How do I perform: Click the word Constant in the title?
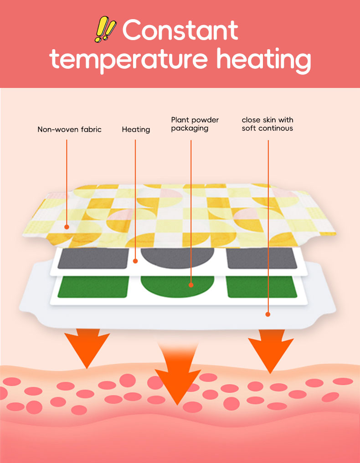(x=180, y=31)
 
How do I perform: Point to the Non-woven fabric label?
(x=69, y=129)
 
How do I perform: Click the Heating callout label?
(x=136, y=129)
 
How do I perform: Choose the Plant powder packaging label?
(x=195, y=124)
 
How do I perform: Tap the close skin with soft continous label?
(x=267, y=124)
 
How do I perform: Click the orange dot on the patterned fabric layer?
(x=67, y=226)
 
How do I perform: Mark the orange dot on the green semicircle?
(x=191, y=285)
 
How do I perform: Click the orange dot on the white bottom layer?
(x=267, y=314)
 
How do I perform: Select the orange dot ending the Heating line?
(x=136, y=261)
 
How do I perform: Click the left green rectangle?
(x=89, y=287)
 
